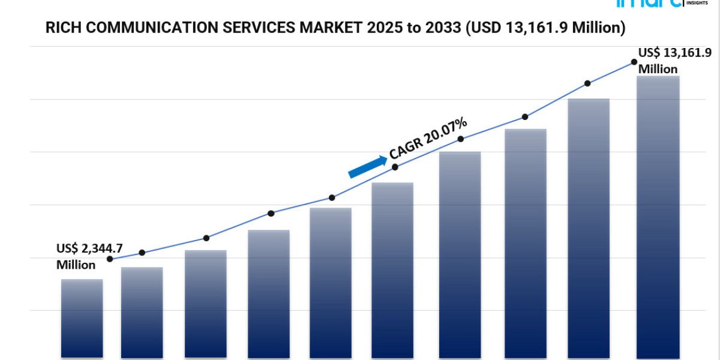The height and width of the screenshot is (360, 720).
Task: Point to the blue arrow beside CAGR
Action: click(367, 167)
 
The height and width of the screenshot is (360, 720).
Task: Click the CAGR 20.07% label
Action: click(428, 139)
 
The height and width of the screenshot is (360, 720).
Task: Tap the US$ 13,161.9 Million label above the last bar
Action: click(666, 60)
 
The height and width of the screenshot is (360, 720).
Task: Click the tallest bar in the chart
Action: click(658, 216)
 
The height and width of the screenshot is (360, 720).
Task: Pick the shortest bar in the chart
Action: click(82, 318)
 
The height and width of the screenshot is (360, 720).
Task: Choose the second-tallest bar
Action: click(589, 228)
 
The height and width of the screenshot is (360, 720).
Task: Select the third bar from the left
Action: click(206, 304)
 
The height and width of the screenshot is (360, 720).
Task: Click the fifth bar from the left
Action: click(331, 282)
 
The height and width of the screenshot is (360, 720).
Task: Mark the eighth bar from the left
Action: click(526, 243)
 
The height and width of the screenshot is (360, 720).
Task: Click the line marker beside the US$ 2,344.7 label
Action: click(110, 259)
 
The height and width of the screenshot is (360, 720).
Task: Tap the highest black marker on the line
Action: click(634, 62)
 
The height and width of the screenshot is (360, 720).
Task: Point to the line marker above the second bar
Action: click(142, 253)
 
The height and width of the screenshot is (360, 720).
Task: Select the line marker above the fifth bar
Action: click(332, 197)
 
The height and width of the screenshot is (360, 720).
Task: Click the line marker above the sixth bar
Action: click(395, 167)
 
